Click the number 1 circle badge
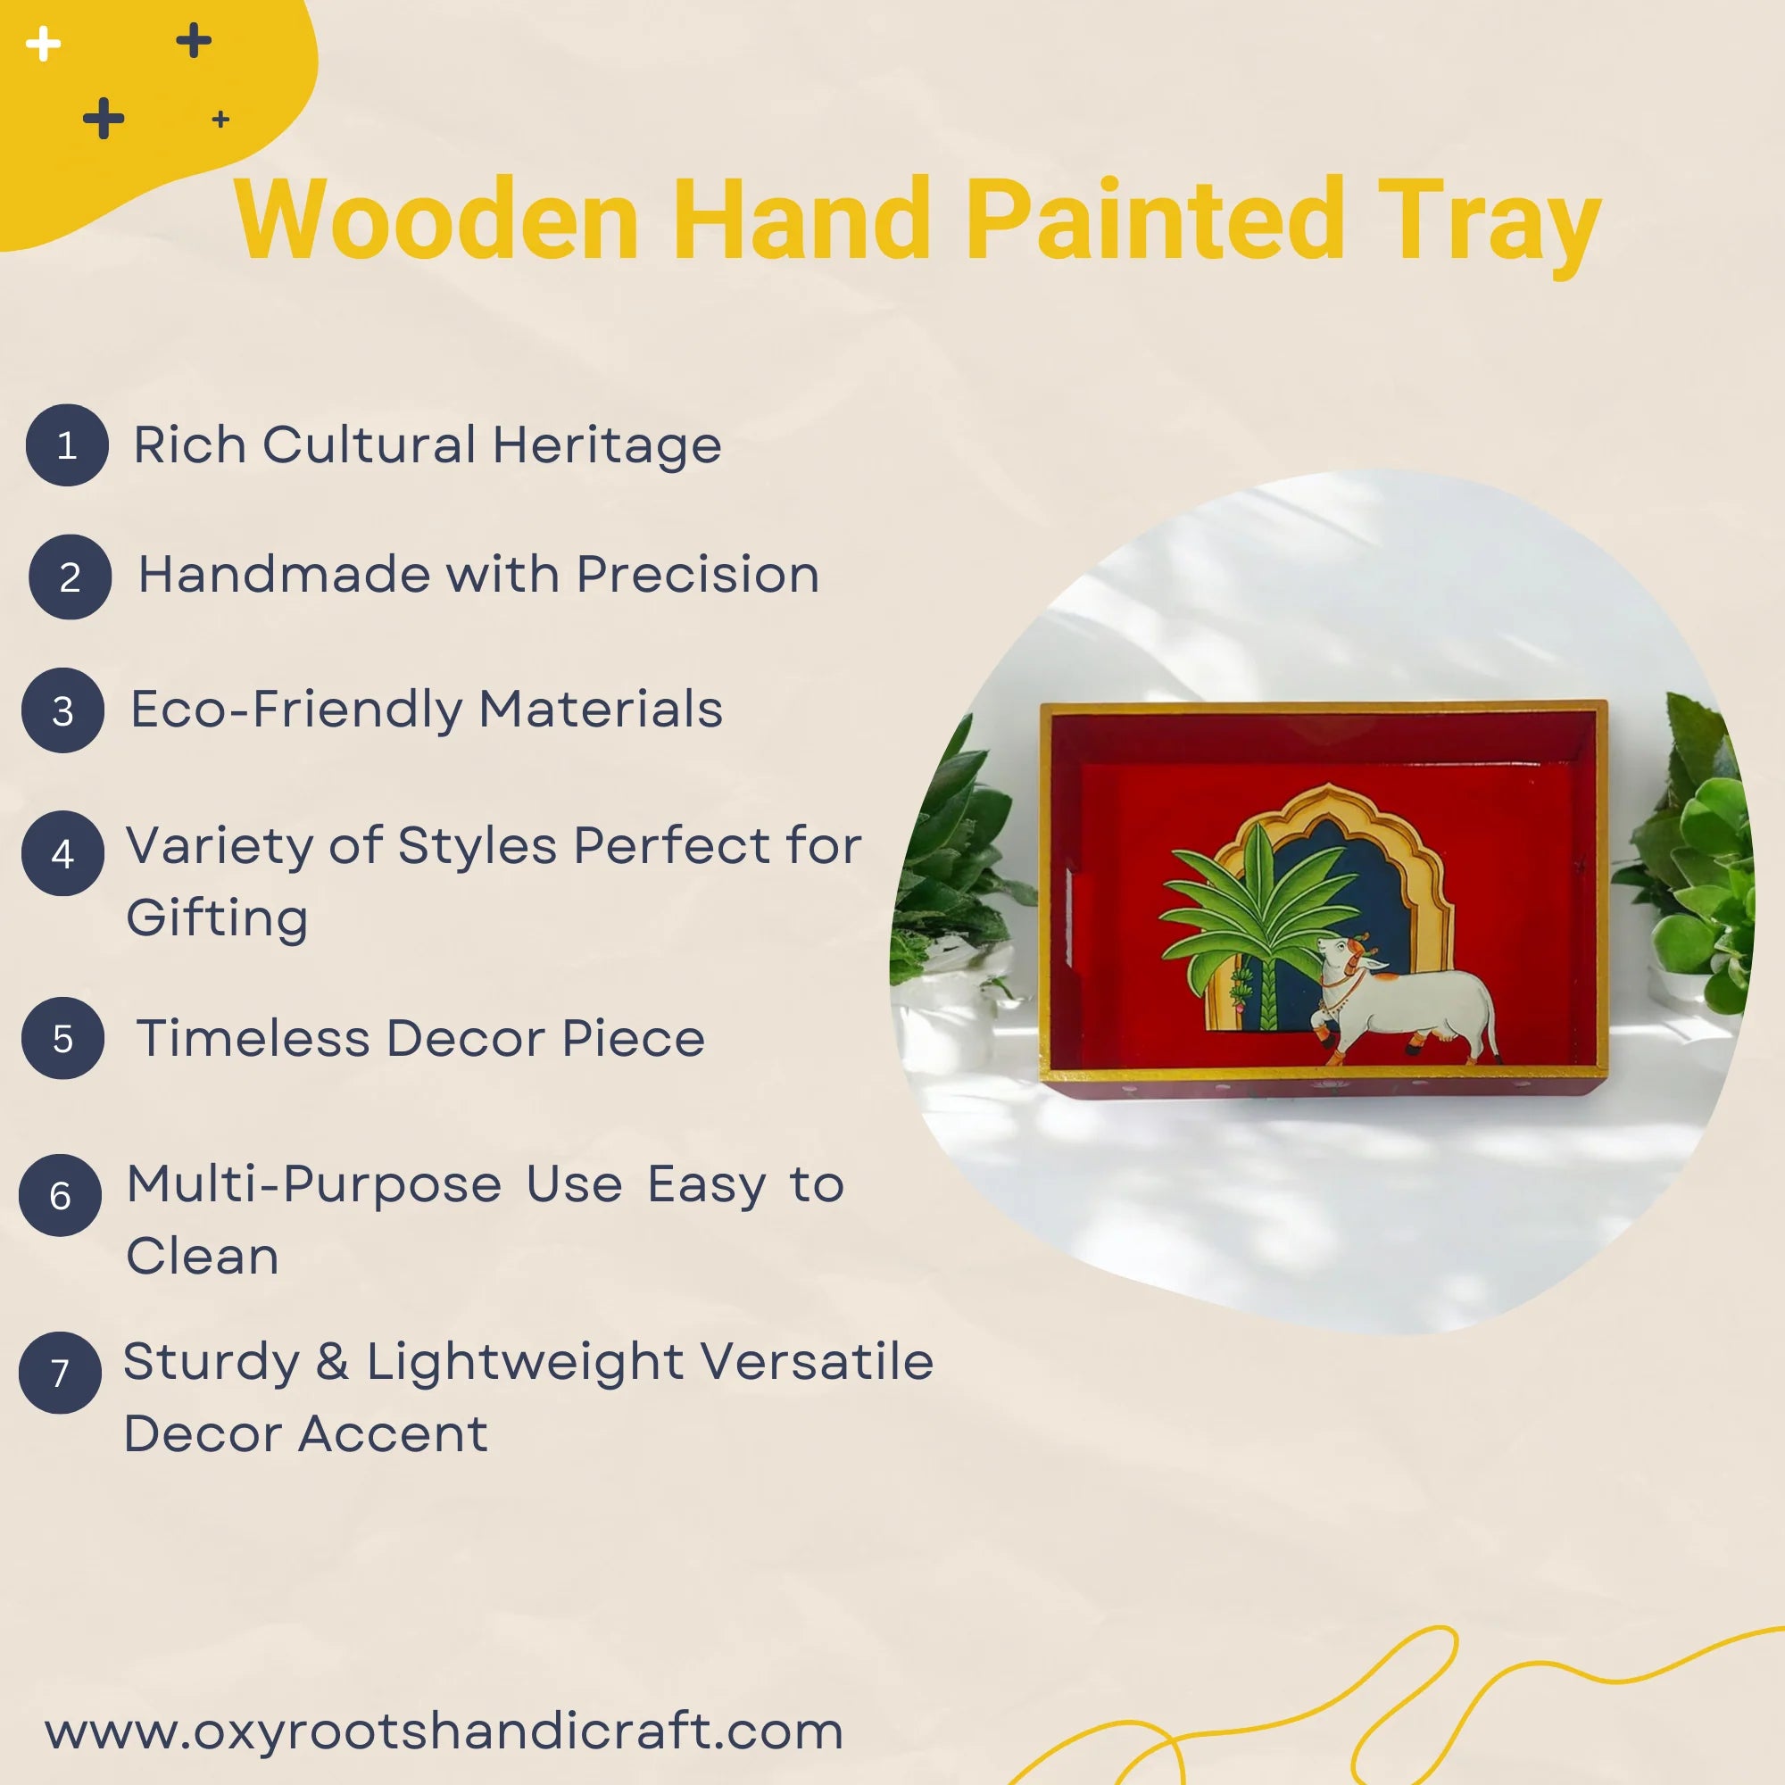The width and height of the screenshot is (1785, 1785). click(x=67, y=445)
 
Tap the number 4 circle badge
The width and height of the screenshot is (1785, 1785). click(x=62, y=852)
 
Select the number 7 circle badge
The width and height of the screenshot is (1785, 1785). click(x=60, y=1372)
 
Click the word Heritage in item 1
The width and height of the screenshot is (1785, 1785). click(x=607, y=445)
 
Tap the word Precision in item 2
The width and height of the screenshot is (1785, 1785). click(x=698, y=575)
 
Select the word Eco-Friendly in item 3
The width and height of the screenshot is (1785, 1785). click(x=295, y=710)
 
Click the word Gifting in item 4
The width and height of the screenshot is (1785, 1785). click(x=217, y=917)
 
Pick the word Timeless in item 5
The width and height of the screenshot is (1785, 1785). click(x=253, y=1038)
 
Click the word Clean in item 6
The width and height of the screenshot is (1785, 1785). click(x=203, y=1256)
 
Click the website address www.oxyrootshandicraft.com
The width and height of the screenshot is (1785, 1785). click(x=444, y=1731)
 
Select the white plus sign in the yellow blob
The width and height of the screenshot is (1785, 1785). click(x=43, y=44)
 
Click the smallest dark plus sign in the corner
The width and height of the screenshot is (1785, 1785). click(x=220, y=120)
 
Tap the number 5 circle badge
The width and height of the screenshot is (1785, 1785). click(x=62, y=1039)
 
